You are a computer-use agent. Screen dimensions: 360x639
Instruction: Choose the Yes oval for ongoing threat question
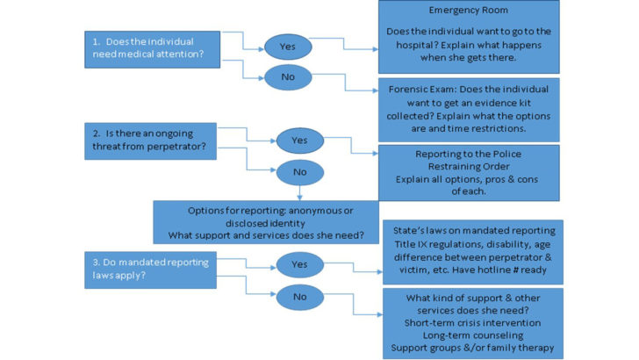coord(299,139)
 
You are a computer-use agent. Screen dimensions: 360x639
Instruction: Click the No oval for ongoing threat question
coord(299,173)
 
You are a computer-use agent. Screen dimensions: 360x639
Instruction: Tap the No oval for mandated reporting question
coord(299,297)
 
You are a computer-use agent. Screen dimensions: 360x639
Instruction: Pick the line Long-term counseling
coord(471,334)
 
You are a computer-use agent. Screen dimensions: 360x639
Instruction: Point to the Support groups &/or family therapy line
coord(471,349)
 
